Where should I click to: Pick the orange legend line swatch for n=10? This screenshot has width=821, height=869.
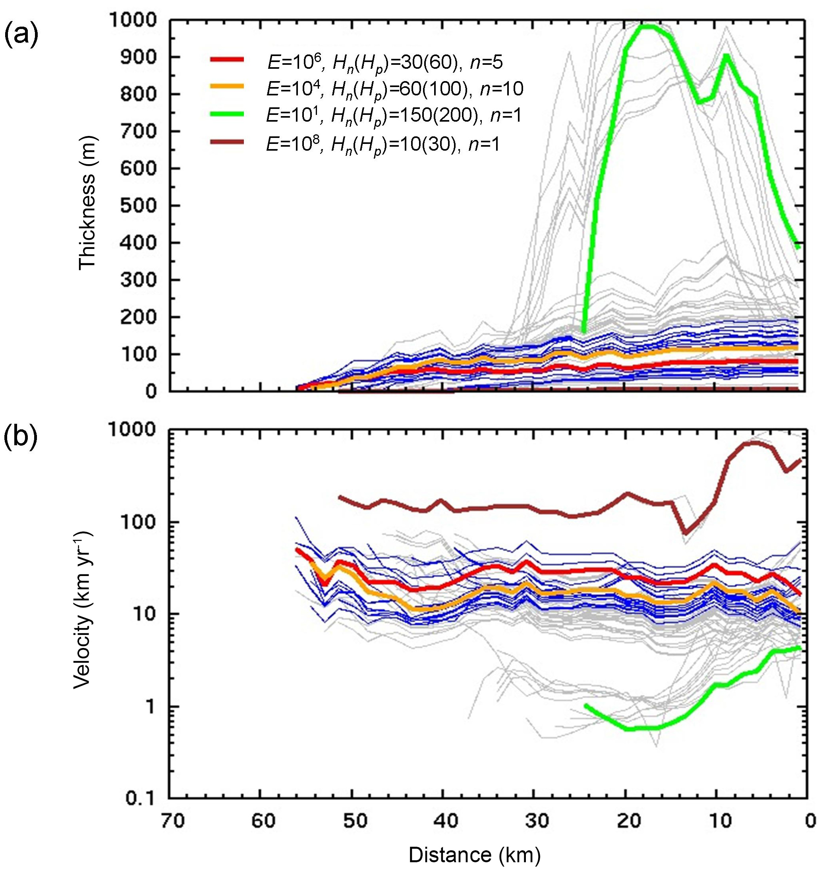point(227,86)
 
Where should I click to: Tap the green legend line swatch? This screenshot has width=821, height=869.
point(227,115)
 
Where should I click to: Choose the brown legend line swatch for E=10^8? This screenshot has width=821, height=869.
point(227,142)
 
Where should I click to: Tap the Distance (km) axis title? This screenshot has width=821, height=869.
point(474,855)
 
